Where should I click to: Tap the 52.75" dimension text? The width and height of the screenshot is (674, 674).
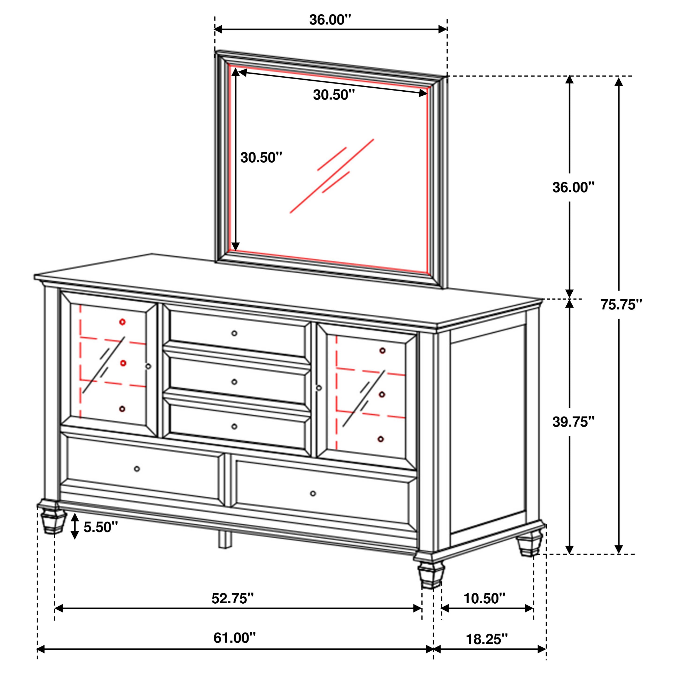(x=232, y=598)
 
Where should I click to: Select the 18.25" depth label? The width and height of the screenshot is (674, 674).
(x=487, y=639)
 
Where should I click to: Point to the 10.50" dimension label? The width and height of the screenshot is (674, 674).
(x=484, y=598)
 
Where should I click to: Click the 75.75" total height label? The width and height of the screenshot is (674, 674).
(x=621, y=305)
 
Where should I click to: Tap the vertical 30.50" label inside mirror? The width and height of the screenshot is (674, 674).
(x=261, y=157)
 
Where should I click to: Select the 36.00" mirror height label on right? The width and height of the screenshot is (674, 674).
(x=573, y=187)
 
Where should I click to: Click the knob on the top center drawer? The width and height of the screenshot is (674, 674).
(x=234, y=333)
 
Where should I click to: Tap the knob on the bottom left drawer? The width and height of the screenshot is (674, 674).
(x=137, y=469)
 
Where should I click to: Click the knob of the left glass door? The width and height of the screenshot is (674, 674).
(x=148, y=366)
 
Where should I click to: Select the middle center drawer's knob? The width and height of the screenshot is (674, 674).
(x=234, y=382)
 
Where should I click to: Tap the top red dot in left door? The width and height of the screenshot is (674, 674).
(x=122, y=322)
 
